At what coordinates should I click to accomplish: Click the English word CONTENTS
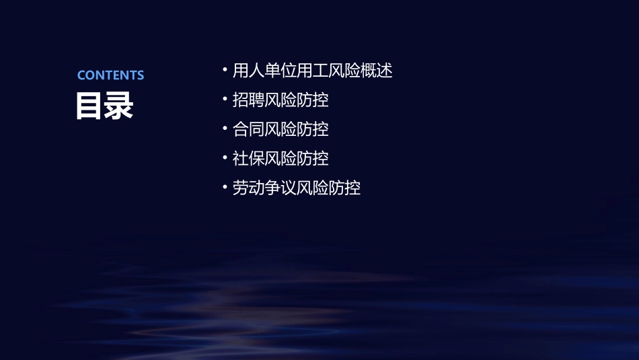coord(110,75)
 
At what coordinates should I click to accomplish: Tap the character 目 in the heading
coord(90,106)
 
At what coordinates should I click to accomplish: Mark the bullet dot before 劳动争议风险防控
coord(225,187)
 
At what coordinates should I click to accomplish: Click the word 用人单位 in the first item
coord(264,70)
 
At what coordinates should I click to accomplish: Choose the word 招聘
coord(248,100)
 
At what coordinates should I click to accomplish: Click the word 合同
coord(248,129)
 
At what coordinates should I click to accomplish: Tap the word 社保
coord(248,159)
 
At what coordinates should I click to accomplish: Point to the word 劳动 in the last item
coord(248,188)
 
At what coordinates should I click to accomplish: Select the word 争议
coord(280,188)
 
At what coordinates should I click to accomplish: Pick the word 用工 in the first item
coord(313,70)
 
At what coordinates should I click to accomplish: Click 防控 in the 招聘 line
coord(313,100)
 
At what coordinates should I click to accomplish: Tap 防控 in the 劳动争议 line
coord(345,188)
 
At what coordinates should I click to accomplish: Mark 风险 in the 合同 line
coord(280,129)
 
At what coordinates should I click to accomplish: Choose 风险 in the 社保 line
coord(280,159)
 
